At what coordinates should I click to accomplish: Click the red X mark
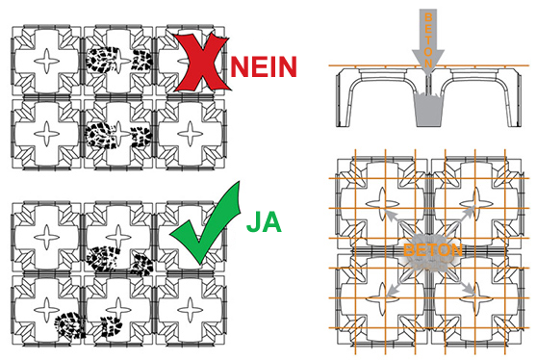[202, 64]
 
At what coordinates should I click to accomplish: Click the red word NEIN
[264, 66]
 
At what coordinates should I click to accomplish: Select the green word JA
[264, 221]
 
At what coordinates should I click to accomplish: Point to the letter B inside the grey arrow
[428, 17]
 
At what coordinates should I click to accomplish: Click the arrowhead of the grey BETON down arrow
[428, 62]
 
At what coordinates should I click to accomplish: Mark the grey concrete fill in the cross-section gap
[428, 110]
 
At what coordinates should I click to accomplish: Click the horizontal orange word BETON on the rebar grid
[433, 250]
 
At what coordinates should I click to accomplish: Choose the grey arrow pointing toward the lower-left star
[397, 283]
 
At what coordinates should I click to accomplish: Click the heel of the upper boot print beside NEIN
[142, 60]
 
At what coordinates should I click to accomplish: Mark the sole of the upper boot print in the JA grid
[103, 259]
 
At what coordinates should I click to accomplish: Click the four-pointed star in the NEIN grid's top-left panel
[47, 62]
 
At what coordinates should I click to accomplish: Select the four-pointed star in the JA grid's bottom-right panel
[191, 310]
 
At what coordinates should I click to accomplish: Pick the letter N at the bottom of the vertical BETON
[428, 63]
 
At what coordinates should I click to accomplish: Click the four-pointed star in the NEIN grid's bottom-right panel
[191, 134]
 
